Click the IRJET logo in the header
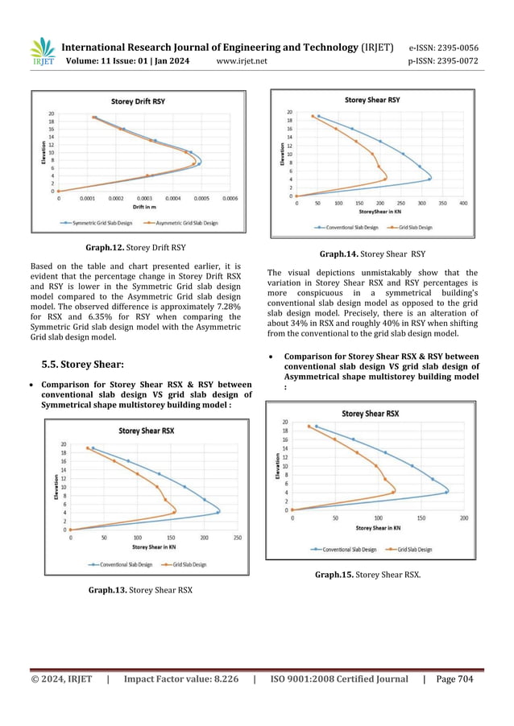pyautogui.click(x=42, y=52)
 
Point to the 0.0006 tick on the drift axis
pyautogui.click(x=230, y=198)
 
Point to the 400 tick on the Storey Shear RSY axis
pyautogui.click(x=463, y=204)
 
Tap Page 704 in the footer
pyautogui.click(x=454, y=679)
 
